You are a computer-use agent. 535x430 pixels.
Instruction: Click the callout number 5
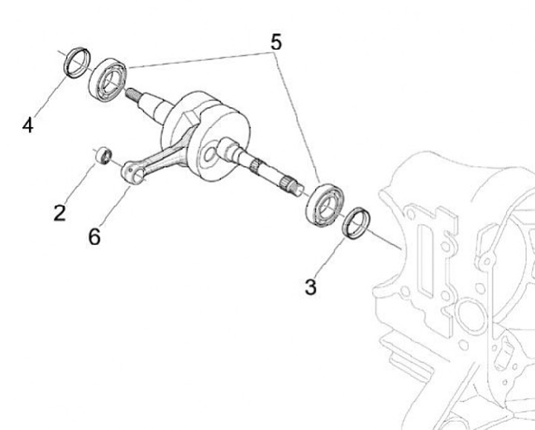276,42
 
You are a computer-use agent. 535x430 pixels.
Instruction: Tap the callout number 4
27,126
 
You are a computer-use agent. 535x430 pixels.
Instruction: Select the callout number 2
59,212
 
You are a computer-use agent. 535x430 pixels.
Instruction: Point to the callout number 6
94,237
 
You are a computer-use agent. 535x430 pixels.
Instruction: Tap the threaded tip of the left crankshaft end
134,94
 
